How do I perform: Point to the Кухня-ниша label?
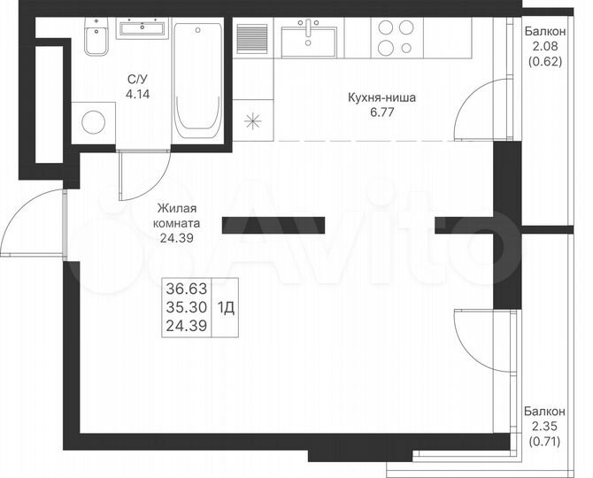382,98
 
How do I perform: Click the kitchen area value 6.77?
382,112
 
